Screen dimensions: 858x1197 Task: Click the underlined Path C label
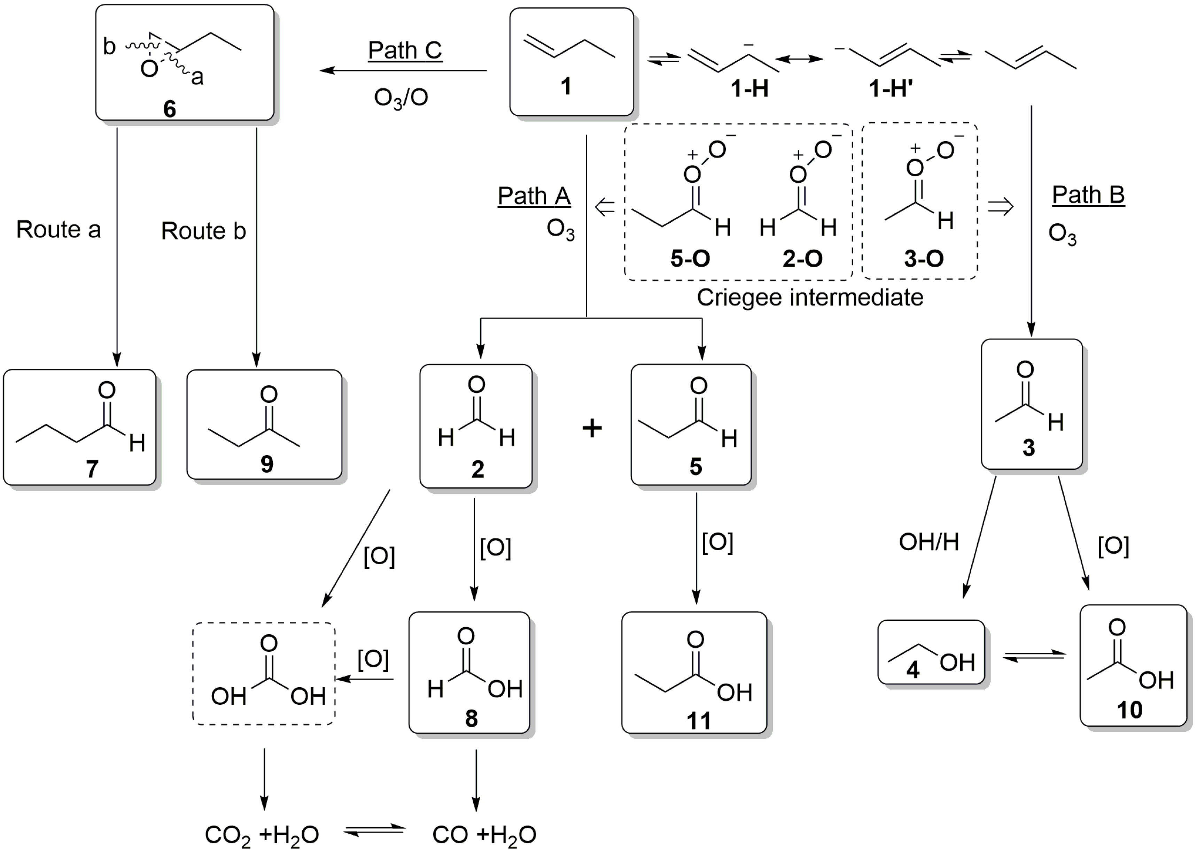pos(405,51)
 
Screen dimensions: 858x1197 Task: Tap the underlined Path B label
pos(1088,195)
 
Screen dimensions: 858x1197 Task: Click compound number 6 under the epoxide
pos(169,109)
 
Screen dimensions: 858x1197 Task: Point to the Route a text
pos(58,230)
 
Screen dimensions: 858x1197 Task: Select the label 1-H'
pos(891,88)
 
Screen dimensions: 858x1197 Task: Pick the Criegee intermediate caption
pos(810,297)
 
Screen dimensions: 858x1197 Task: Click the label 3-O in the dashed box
pos(924,258)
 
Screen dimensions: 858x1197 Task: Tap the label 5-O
pos(690,258)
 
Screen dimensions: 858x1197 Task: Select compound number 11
pos(698,721)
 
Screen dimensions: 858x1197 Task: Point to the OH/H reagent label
pos(929,542)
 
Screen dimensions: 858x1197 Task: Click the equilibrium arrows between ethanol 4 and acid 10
pos(1034,656)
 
